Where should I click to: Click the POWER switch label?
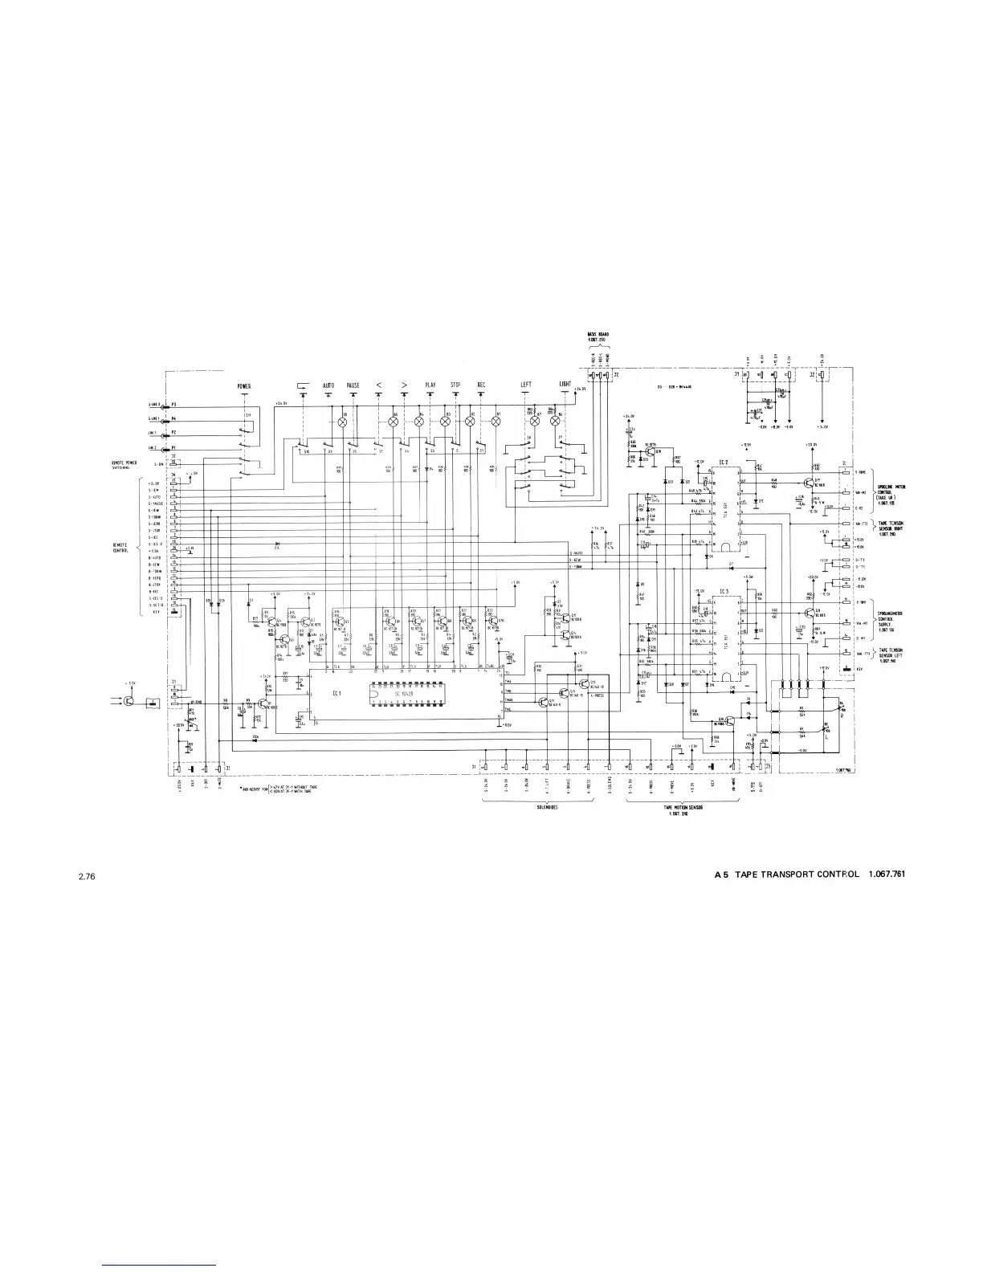[244, 386]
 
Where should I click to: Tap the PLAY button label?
[431, 385]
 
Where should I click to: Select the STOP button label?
[456, 385]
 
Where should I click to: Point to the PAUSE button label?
[353, 385]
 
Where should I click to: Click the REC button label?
[481, 385]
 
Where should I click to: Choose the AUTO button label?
[328, 385]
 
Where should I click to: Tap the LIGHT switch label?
[565, 385]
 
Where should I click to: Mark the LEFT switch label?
[526, 385]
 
